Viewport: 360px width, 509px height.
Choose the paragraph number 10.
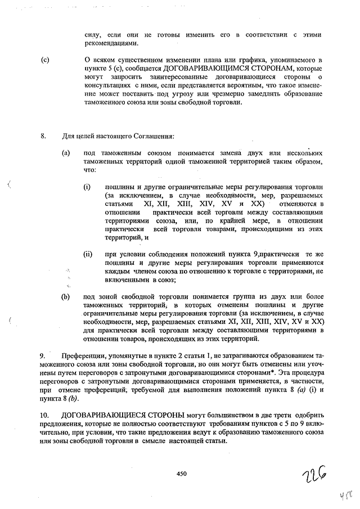pos(44,416)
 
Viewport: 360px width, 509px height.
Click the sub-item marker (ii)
pos(88,254)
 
